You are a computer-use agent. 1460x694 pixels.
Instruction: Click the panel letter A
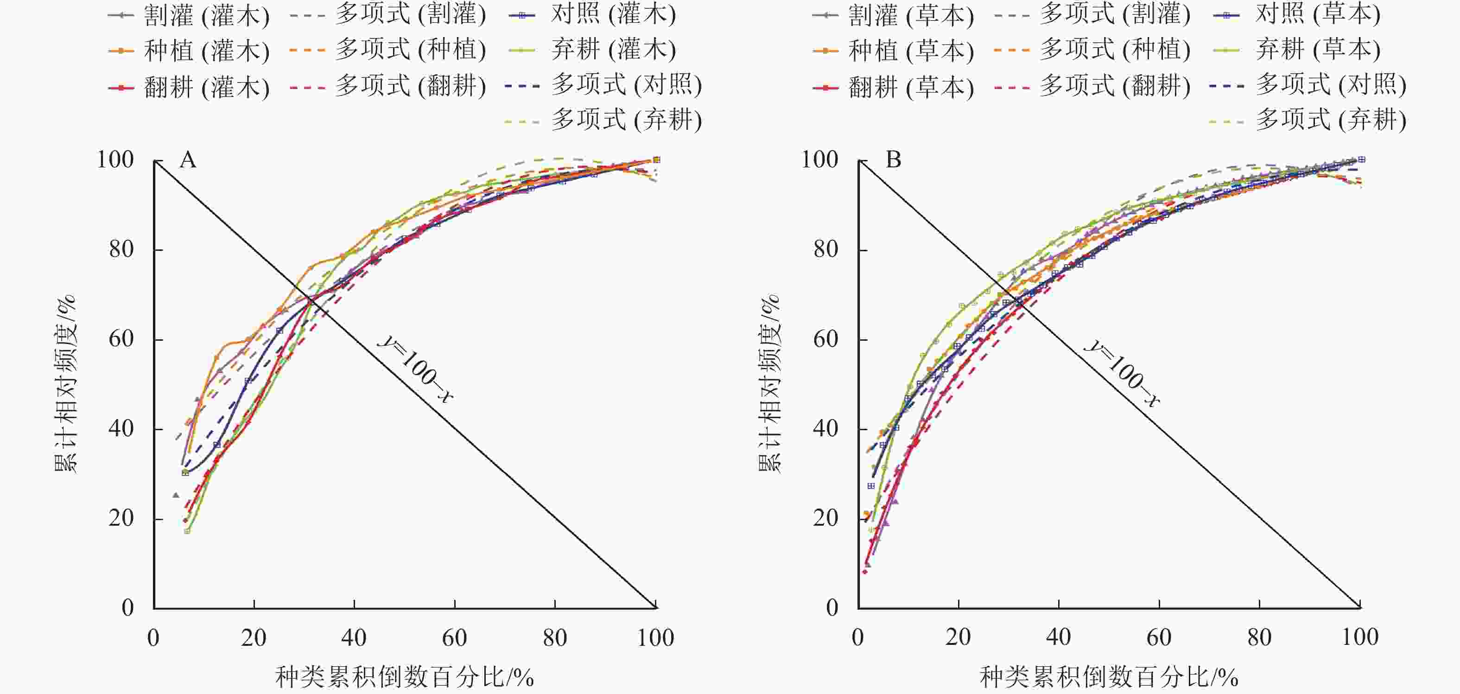tap(188, 160)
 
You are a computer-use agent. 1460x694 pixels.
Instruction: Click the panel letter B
tap(893, 160)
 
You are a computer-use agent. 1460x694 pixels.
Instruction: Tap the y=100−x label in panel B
tap(1122, 373)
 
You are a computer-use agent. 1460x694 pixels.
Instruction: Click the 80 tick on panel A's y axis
tap(121, 249)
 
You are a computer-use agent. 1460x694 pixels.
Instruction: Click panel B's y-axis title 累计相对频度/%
tap(769, 384)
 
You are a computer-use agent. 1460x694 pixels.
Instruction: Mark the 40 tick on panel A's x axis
tap(354, 638)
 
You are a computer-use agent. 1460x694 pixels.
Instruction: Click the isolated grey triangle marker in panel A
tap(176, 496)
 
